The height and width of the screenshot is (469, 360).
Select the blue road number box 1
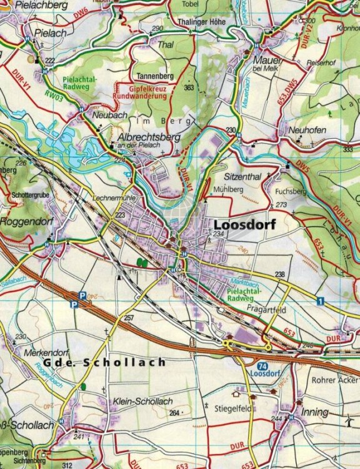pos(321,301)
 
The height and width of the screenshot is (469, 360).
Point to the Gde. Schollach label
pos(104,363)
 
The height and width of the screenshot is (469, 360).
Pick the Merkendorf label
pos(44,353)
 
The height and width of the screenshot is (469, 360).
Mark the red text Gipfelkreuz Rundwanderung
pos(139,93)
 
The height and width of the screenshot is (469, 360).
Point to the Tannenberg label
pos(154,76)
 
